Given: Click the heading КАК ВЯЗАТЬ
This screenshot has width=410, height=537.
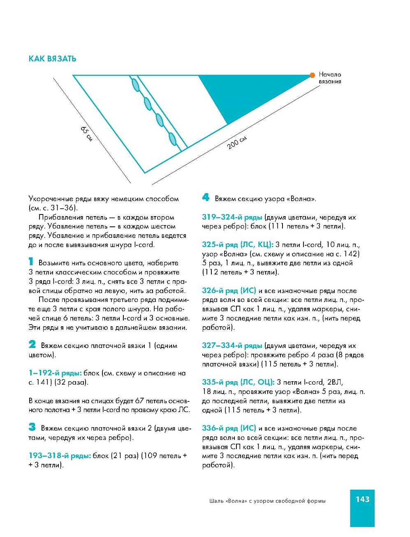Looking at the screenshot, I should point(52,59).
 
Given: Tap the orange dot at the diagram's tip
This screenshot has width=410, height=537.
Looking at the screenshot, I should point(312,75).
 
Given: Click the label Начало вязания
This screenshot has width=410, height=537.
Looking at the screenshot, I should point(330,78).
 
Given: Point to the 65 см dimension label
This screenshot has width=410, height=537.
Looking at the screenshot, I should point(86,134).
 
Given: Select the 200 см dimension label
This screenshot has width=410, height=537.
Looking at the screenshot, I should point(237,142).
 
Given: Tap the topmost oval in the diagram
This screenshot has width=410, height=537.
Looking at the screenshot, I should point(135,84).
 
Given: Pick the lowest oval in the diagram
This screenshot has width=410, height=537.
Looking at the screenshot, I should point(173,139).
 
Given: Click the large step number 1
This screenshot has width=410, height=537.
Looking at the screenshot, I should point(31,261).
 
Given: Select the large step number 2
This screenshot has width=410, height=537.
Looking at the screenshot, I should point(32,344).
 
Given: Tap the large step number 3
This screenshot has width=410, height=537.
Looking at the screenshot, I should point(32,427).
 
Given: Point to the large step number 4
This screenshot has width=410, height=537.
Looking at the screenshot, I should point(206,197).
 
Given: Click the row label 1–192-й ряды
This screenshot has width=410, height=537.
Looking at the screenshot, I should point(55,373).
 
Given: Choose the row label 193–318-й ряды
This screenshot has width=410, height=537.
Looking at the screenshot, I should point(60,456).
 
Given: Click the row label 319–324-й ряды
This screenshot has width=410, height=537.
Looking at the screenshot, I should point(232,217).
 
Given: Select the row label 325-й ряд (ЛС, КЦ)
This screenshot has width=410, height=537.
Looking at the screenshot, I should point(237,245).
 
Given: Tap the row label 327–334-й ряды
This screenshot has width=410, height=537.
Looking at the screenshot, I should point(232,346).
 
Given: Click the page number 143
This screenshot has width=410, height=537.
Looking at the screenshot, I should point(362,499).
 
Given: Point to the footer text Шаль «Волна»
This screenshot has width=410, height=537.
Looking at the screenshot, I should point(267,501).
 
